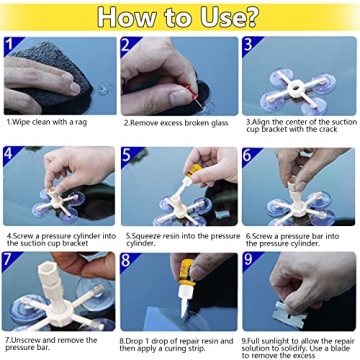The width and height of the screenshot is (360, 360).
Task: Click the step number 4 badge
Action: tap(11, 155)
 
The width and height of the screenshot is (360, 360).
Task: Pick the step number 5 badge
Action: tap(128, 155)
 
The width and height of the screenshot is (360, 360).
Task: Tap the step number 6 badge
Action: tap(248, 155)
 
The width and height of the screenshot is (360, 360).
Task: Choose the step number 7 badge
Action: tap(11, 261)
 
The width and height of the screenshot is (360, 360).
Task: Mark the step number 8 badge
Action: tap(128, 261)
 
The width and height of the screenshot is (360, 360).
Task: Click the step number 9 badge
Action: tap(248, 261)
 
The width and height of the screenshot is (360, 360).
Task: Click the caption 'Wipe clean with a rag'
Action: tap(50, 122)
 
